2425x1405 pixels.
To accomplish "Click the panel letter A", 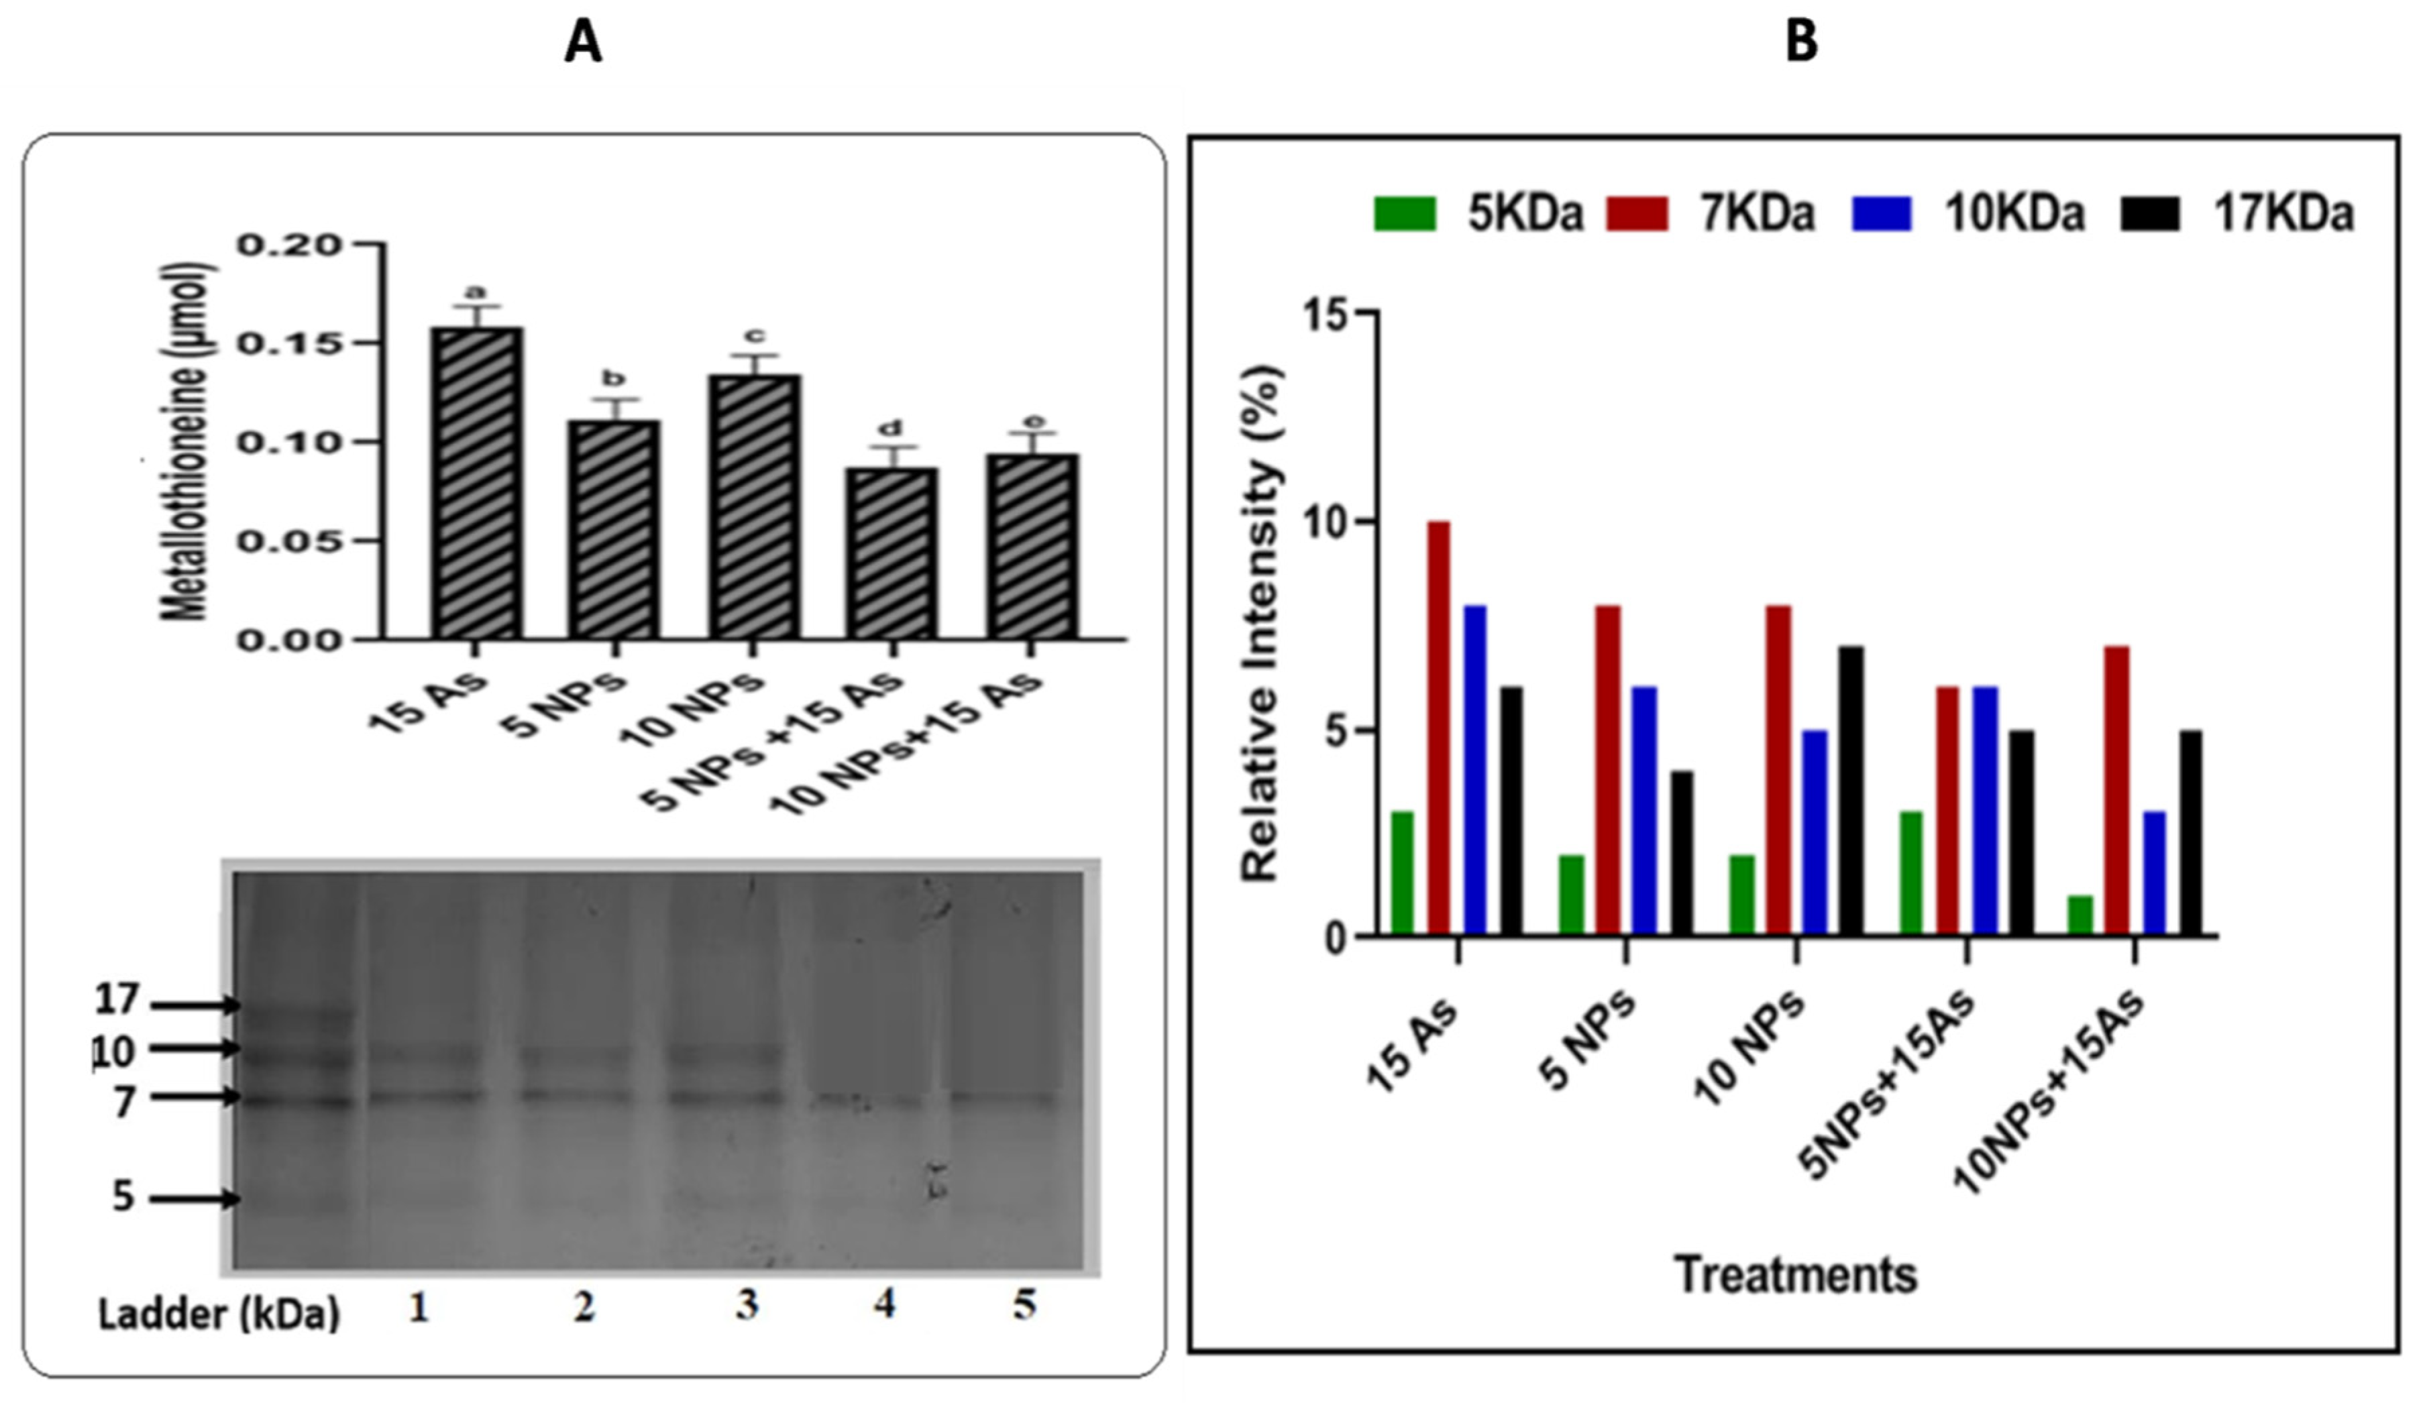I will pos(583,44).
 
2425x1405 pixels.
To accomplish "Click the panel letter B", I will pos(1800,44).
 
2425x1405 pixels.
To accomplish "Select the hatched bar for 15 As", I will pos(478,483).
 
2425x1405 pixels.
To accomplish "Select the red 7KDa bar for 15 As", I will pos(1439,728).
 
